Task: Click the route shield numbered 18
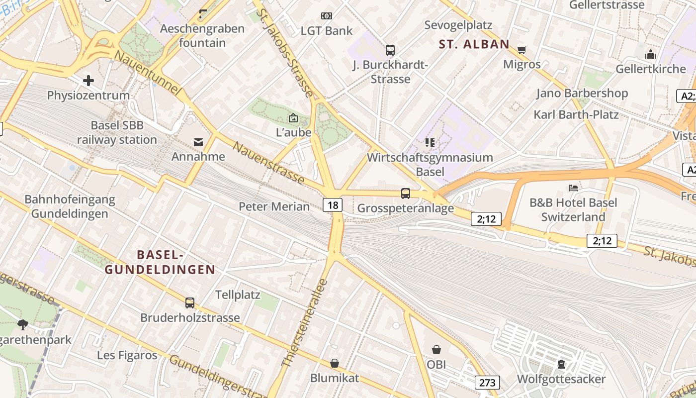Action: tap(333, 204)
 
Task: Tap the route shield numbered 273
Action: tap(487, 382)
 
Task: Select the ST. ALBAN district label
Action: tap(474, 44)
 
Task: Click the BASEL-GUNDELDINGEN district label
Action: tap(160, 262)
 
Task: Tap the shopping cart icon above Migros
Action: tap(522, 50)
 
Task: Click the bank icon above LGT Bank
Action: tap(326, 16)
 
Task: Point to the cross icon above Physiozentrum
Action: tap(88, 80)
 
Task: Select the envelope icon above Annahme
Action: tap(198, 142)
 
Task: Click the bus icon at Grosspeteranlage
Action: tap(406, 194)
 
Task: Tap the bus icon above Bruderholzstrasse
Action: tap(190, 302)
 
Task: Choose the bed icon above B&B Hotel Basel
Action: tap(573, 188)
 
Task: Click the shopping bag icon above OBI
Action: tap(436, 350)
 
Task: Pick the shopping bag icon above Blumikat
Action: tap(335, 363)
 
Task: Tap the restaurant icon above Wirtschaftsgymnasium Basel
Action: tap(430, 143)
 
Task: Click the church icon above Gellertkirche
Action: tap(650, 54)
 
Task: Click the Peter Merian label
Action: tap(274, 206)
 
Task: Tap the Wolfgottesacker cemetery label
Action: tap(561, 379)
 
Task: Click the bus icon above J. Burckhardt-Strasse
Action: tap(390, 50)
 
